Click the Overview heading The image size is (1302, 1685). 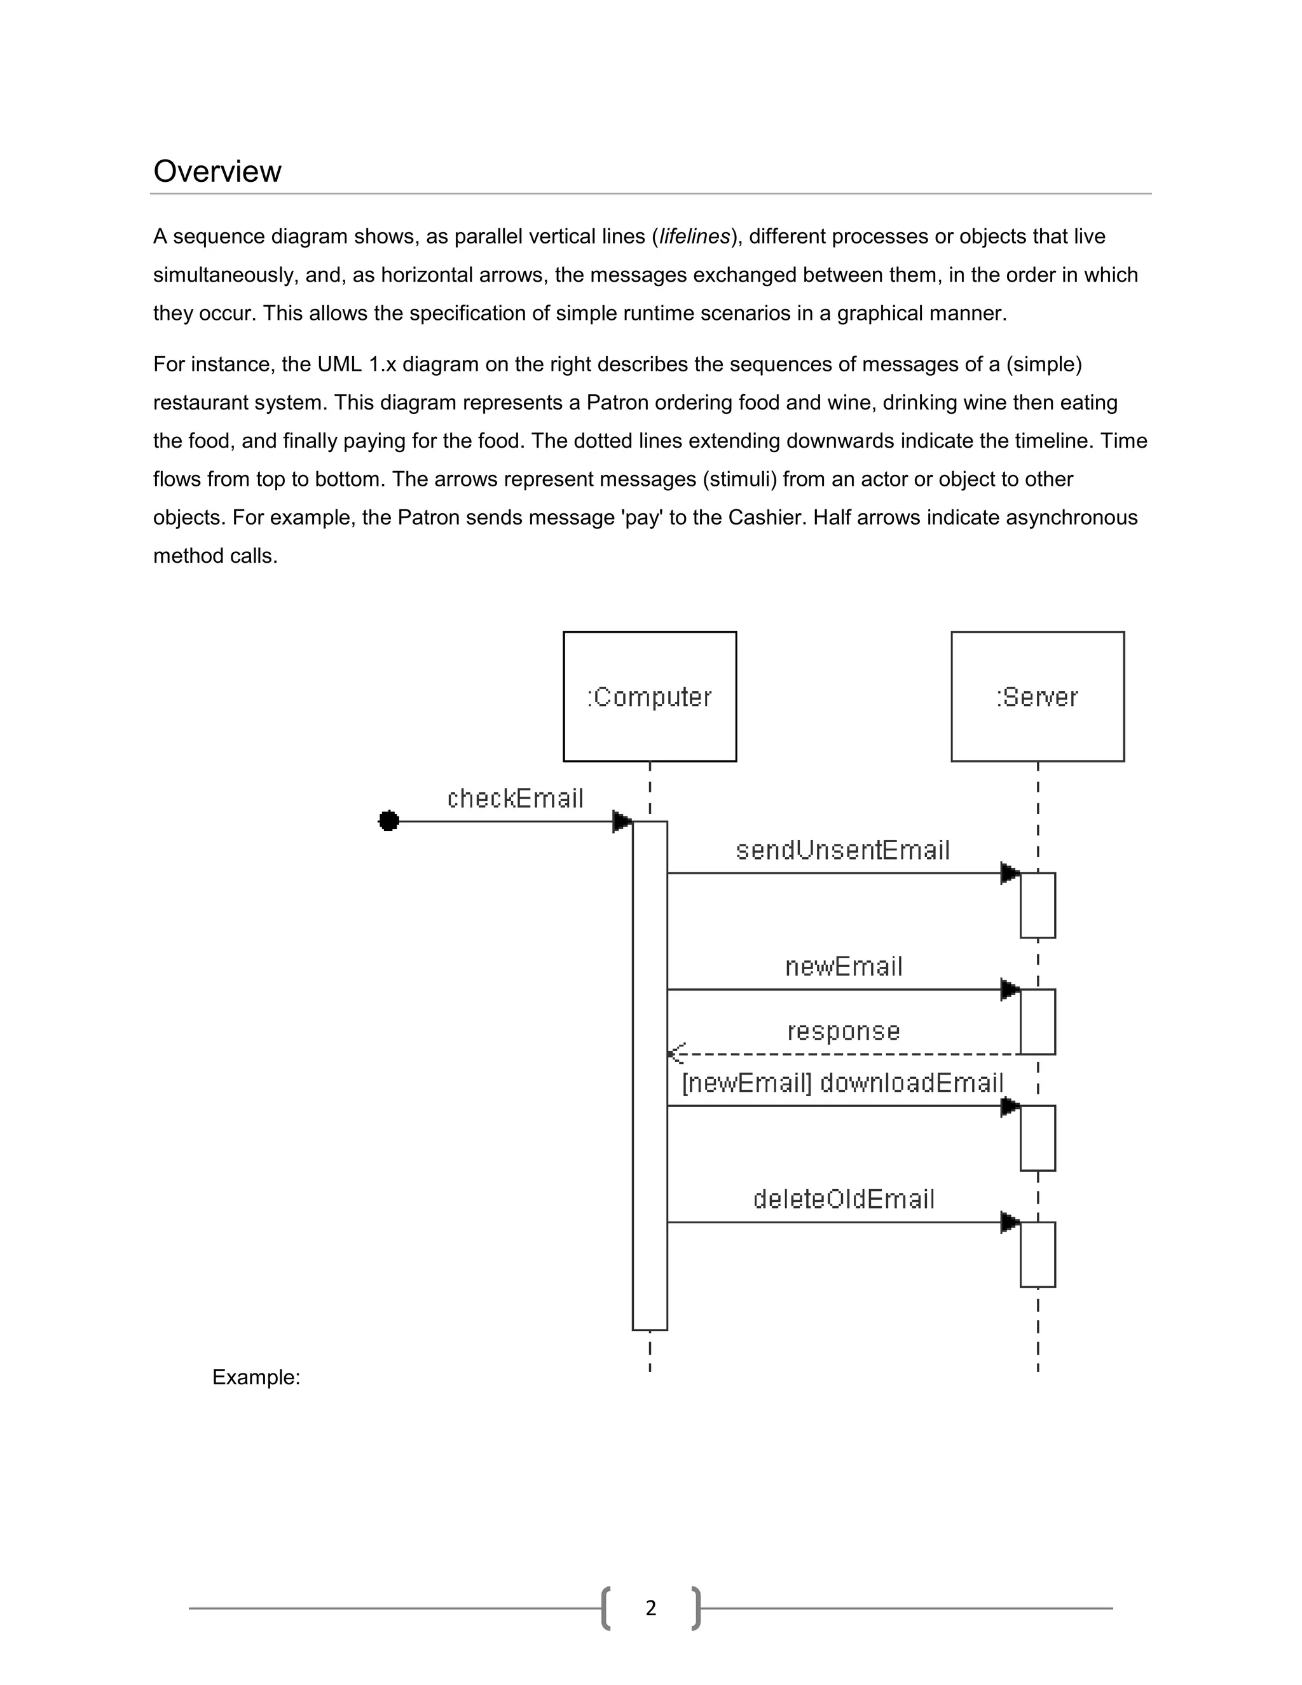click(217, 171)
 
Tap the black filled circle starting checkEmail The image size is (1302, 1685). click(388, 821)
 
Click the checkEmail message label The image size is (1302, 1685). click(515, 798)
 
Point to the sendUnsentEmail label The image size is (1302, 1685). click(842, 849)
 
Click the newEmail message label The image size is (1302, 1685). click(843, 966)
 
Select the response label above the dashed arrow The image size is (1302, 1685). click(843, 1031)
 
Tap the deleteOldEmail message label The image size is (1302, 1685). click(843, 1199)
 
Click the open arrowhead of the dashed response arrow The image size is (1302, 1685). click(676, 1053)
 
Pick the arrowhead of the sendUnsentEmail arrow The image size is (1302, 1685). click(1010, 874)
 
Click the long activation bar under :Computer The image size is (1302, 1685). click(650, 1080)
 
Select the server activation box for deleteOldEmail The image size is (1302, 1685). click(1037, 1254)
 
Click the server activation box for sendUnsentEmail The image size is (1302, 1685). click(1037, 905)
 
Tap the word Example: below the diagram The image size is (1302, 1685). click(256, 1377)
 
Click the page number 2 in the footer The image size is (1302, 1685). click(650, 1608)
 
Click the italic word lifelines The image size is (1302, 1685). click(694, 237)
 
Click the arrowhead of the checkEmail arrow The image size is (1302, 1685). click(622, 821)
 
